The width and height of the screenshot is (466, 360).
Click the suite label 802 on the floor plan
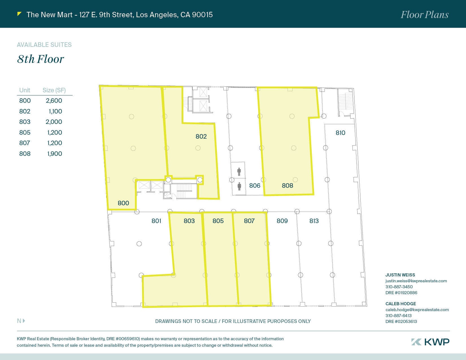(x=201, y=136)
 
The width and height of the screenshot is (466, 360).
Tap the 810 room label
(x=340, y=133)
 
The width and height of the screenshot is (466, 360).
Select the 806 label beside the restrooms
(x=254, y=186)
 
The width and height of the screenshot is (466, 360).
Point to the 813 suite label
(x=314, y=221)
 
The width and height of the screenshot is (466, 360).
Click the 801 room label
(x=156, y=221)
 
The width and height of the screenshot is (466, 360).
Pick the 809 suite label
(x=282, y=221)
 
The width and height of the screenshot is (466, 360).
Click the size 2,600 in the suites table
(x=54, y=101)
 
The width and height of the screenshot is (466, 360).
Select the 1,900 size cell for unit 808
(x=55, y=154)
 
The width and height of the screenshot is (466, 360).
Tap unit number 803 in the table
(x=25, y=122)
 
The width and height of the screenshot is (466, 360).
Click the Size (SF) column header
(x=54, y=90)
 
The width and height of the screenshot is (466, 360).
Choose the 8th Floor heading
(x=40, y=59)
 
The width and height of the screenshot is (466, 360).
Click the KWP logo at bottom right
(x=430, y=342)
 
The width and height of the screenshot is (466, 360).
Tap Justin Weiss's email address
(x=416, y=281)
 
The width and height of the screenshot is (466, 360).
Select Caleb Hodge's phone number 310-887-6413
(x=399, y=316)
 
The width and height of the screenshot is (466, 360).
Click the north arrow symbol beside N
(x=24, y=321)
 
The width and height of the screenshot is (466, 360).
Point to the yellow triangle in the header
(x=19, y=14)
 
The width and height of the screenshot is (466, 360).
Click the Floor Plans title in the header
(x=424, y=15)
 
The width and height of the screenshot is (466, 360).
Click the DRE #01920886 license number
(x=401, y=293)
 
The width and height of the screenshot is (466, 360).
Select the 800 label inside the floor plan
(x=123, y=203)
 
